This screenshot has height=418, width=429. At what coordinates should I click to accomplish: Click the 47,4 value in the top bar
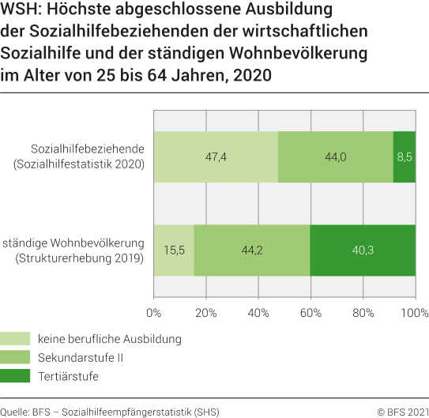pos(216,156)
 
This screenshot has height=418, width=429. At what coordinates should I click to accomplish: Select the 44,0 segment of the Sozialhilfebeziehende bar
pos(336,156)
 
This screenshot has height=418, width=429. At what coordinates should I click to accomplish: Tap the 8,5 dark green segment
pos(404,156)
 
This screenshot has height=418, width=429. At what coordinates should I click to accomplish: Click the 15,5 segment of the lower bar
pos(174,250)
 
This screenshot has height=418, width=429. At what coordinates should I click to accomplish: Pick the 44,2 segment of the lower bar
pos(252,250)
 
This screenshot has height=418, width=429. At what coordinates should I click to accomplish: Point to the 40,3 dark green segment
pos(363,250)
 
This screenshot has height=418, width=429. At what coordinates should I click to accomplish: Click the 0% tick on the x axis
pos(154,312)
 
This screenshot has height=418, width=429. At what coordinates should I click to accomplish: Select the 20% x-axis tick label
pos(206,312)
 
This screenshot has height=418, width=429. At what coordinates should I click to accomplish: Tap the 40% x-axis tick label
pos(258,312)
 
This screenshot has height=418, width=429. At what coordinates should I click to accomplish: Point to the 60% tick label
pos(310,312)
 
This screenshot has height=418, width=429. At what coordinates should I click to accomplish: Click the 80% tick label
pos(363,312)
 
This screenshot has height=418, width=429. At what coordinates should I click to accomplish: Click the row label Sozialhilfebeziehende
pos(87,149)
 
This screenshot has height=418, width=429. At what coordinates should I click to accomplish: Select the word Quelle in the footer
pos(14,411)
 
